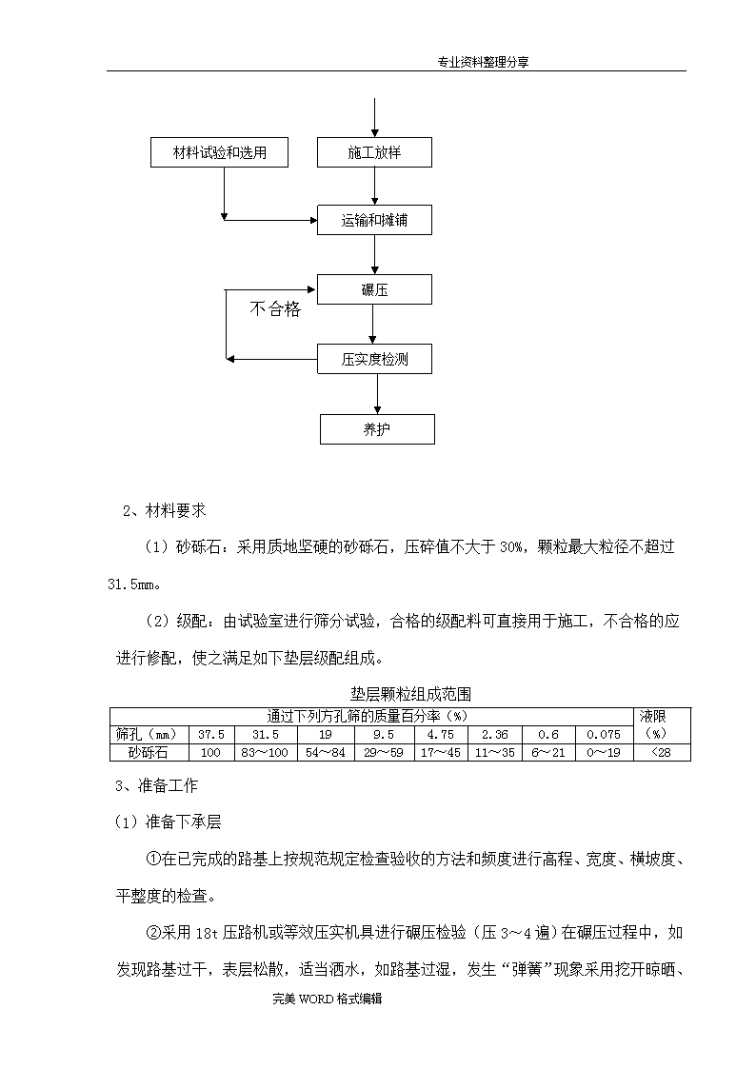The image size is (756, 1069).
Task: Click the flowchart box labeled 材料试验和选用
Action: point(219,152)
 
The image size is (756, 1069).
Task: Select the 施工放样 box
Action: point(374,152)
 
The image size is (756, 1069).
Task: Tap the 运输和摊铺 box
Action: point(374,220)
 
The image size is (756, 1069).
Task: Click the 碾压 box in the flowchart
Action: point(374,289)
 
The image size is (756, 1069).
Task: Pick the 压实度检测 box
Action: point(374,359)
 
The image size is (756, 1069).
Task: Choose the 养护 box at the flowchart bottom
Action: point(377,429)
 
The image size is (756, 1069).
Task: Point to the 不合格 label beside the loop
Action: point(275,308)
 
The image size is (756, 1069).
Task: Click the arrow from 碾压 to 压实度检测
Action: point(373,325)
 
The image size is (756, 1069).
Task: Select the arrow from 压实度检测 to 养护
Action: point(377,394)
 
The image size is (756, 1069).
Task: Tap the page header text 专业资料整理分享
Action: point(483,62)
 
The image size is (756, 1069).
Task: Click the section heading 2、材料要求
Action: point(165,510)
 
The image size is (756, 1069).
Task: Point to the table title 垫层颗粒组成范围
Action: point(410,694)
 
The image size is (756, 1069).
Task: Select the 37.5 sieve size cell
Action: point(211,734)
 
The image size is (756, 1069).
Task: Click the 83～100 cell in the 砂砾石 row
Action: point(266,753)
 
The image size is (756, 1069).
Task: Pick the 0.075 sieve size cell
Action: point(604,734)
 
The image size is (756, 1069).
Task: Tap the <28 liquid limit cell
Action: point(661,753)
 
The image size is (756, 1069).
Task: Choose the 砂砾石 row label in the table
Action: point(149,753)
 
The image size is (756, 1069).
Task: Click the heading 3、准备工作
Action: point(157,785)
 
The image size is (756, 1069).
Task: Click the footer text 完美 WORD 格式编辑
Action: point(328,999)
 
